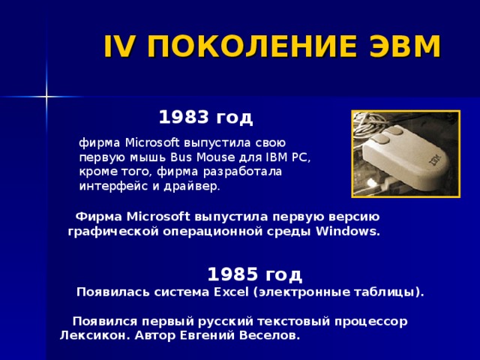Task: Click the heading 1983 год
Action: click(205, 118)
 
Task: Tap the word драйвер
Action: click(196, 186)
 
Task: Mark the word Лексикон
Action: click(91, 335)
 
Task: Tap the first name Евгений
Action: click(208, 335)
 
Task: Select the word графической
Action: click(112, 231)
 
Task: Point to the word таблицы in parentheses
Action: click(382, 291)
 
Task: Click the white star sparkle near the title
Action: click(46, 96)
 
